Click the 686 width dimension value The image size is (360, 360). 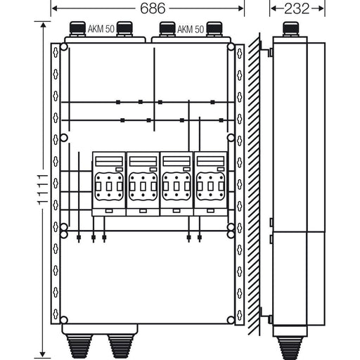(153, 8)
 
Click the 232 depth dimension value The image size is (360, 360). (297, 8)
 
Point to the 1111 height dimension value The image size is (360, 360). (43, 189)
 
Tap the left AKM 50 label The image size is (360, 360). (101, 29)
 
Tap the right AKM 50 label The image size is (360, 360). (191, 30)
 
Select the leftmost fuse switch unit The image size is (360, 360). (109, 184)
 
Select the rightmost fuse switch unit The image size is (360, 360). (211, 184)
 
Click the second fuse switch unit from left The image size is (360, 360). (143, 184)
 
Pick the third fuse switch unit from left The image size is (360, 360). (176, 184)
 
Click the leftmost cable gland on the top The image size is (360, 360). (77, 29)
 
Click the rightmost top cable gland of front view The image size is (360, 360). (214, 29)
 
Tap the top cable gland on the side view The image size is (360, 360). (290, 29)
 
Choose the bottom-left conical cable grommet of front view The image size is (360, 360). (79, 347)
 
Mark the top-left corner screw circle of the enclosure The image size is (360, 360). (64, 47)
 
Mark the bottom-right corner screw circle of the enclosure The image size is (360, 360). (231, 320)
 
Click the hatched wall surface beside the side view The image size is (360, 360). (254, 184)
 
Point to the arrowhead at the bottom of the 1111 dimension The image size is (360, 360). (43, 354)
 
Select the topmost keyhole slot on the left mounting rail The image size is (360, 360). (56, 53)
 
